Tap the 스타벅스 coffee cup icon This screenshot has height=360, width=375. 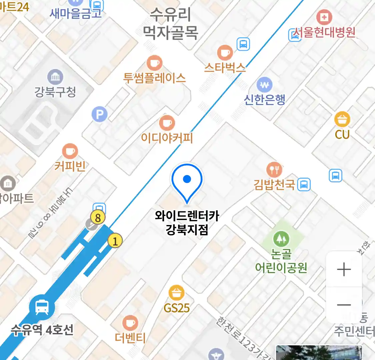[225, 53]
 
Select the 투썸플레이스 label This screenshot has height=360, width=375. [154, 78]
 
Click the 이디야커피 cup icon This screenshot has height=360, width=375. [167, 123]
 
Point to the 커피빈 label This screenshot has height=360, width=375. [70, 166]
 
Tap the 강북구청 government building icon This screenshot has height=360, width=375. [55, 77]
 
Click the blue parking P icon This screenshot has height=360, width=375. [99, 115]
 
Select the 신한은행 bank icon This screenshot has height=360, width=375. [265, 85]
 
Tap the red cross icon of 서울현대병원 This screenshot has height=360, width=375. [324, 17]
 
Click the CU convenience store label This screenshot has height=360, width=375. [342, 134]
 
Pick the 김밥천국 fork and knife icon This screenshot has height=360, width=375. [274, 170]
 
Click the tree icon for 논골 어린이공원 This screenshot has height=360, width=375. [281, 239]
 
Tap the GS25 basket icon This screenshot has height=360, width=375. [176, 293]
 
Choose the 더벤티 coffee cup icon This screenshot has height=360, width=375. [130, 323]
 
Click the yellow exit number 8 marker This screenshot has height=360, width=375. [98, 218]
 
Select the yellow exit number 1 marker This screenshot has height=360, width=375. [115, 240]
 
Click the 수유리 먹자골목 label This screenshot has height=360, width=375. [170, 23]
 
